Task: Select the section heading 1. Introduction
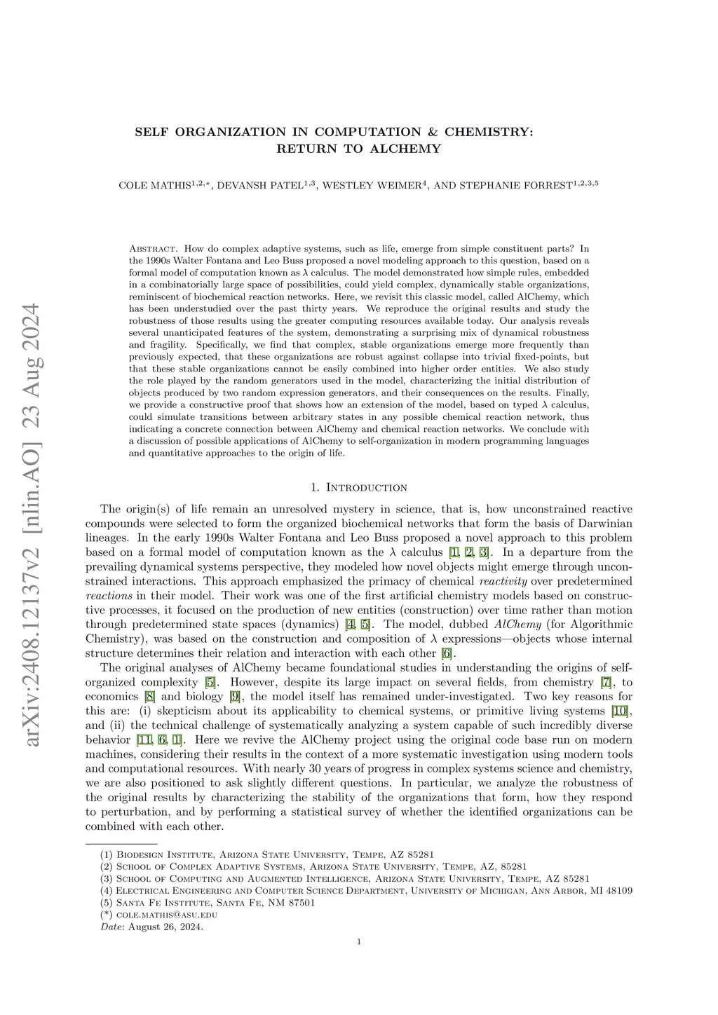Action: [x=358, y=487]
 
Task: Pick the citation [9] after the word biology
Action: [x=235, y=697]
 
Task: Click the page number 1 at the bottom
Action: [x=359, y=962]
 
